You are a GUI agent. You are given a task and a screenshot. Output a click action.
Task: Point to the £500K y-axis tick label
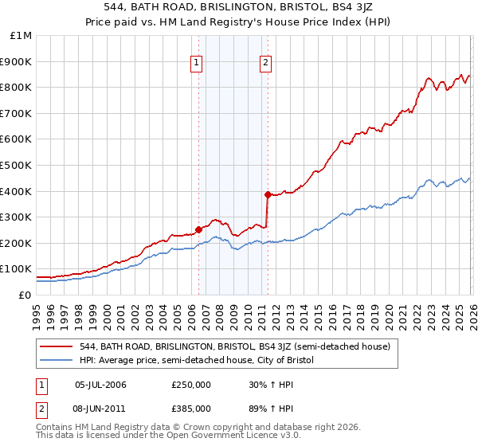click(17, 165)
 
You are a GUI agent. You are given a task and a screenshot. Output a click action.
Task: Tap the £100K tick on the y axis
click(17, 269)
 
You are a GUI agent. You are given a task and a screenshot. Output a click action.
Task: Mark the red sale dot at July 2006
click(198, 230)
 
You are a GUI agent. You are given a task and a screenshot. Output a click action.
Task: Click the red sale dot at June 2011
click(268, 194)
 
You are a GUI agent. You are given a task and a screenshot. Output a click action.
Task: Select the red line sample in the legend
click(56, 346)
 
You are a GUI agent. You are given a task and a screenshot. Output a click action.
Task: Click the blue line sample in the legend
click(56, 360)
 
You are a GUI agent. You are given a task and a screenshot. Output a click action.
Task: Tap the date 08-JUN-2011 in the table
click(107, 408)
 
